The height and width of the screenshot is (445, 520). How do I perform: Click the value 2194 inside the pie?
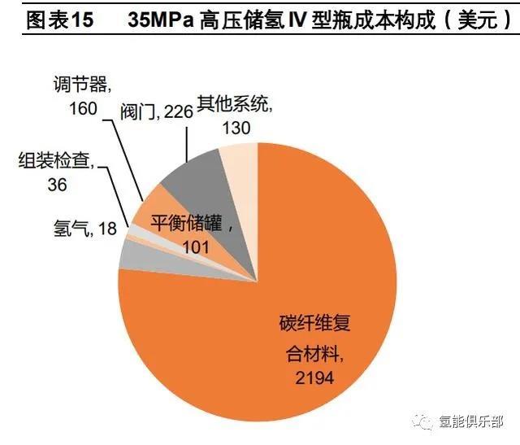pyautogui.click(x=314, y=377)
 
